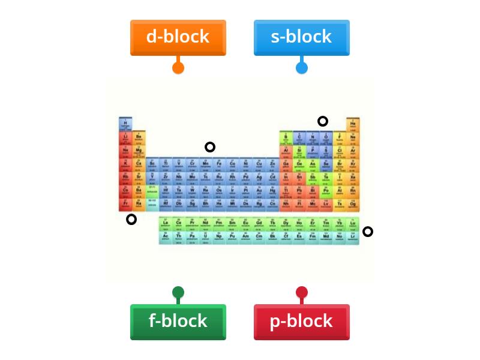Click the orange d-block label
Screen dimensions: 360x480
tap(178, 37)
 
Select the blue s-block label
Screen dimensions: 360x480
tap(301, 37)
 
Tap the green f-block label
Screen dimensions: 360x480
tap(178, 322)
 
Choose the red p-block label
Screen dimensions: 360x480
tap(301, 322)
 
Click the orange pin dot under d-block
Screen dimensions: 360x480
tap(178, 67)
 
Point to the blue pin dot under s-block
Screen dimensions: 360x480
tap(301, 67)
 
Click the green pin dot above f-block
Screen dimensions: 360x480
tap(178, 293)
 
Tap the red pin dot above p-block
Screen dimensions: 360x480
tap(301, 293)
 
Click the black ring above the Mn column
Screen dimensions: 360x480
tap(209, 147)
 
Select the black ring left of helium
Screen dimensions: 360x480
tap(323, 121)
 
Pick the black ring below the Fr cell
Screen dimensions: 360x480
tap(131, 220)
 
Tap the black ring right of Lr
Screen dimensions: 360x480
tap(368, 232)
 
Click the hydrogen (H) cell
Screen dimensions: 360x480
tap(125, 124)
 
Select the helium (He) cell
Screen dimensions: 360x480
tap(353, 124)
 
